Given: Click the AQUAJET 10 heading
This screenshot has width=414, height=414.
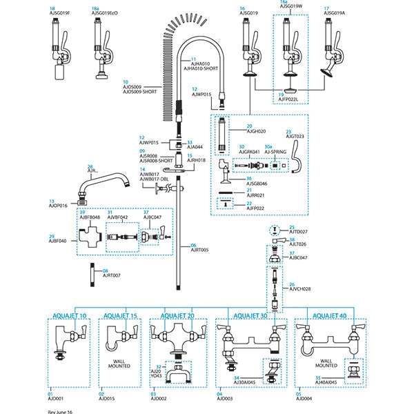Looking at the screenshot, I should pos(69,315).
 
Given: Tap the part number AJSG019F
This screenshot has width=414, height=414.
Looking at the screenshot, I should pos(61,13).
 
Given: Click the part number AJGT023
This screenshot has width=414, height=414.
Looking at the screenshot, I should pos(295,136).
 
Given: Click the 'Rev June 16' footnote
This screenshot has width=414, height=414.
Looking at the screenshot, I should pos(60,411).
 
